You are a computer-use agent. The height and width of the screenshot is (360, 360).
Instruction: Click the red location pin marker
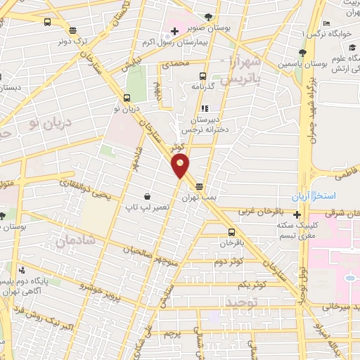point(181,166)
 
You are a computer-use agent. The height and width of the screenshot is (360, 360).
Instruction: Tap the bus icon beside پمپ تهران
point(200,187)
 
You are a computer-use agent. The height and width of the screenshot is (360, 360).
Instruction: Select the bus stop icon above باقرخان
point(231,231)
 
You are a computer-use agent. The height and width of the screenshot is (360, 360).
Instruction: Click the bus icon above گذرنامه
point(202,76)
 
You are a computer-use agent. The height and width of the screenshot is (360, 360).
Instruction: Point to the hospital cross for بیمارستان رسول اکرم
point(174,32)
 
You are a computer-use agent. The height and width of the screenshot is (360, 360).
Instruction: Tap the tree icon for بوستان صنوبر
point(208,17)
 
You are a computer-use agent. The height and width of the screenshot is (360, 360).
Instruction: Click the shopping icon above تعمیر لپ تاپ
point(147,197)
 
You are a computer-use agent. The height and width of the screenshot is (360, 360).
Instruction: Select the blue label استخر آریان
point(314,193)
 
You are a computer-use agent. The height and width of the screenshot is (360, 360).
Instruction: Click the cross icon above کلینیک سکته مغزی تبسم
point(298,215)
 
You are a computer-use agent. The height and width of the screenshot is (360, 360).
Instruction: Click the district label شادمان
point(70,243)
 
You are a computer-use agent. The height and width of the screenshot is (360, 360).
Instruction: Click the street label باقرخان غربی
point(267,210)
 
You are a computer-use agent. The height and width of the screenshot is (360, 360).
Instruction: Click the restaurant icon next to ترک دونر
point(73,30)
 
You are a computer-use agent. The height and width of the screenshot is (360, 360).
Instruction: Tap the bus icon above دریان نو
point(127,98)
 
